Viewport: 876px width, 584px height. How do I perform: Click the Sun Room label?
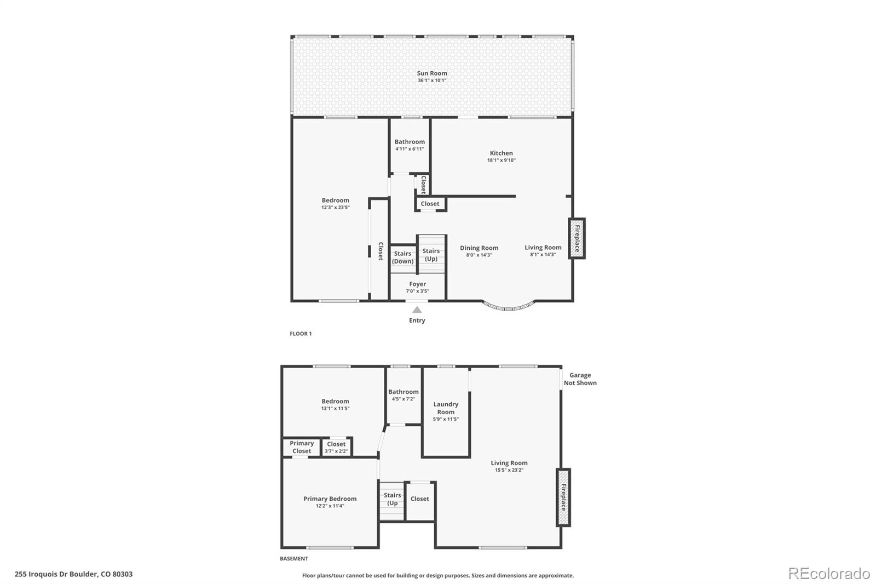(432, 73)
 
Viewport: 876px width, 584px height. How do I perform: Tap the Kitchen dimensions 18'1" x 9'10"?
(501, 161)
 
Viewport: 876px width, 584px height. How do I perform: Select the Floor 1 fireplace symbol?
(577, 238)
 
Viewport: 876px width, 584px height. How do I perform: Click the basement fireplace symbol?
(563, 497)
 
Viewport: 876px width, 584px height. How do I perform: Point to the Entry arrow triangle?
(417, 310)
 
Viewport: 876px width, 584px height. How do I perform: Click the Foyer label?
(417, 284)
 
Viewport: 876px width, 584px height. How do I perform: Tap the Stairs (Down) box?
(403, 258)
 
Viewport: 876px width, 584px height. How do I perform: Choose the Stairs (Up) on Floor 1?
(431, 255)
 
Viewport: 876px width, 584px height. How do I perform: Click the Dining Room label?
(479, 248)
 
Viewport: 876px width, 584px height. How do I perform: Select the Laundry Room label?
(446, 408)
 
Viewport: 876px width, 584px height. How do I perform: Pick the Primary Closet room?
(302, 447)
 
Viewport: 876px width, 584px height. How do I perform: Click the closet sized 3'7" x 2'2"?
(336, 448)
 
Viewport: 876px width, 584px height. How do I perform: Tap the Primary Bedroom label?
(330, 499)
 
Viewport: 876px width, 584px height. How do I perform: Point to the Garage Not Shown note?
(580, 379)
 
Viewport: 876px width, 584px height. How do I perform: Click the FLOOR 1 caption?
(301, 334)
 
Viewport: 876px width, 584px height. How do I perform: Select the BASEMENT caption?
(294, 559)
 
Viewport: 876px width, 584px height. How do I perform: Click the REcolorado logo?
(829, 574)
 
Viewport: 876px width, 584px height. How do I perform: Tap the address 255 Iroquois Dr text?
(73, 574)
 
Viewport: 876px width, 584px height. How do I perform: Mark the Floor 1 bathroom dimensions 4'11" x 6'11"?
(410, 149)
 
